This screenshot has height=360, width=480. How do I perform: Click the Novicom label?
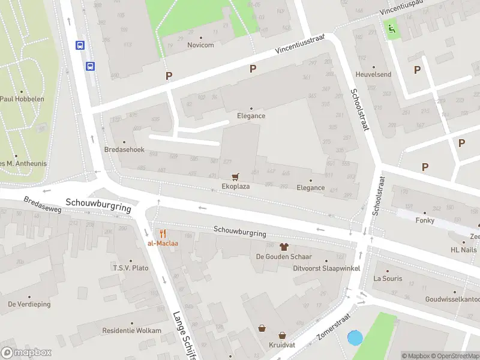[x=200, y=45]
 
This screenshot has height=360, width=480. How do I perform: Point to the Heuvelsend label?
[x=373, y=74]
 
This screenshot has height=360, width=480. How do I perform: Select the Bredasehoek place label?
[x=124, y=149]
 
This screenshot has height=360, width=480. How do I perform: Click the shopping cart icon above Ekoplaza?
[x=235, y=176]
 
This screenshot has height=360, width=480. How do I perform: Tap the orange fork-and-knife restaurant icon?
[x=162, y=233]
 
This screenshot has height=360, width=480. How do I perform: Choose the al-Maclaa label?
[x=162, y=243]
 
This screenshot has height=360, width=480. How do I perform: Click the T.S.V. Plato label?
[x=131, y=268]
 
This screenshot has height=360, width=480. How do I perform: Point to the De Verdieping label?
[x=29, y=304]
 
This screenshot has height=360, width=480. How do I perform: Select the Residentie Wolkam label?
[x=131, y=331]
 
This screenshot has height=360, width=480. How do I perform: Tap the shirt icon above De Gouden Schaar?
[x=284, y=247]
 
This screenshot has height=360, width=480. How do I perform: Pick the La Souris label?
[x=388, y=278]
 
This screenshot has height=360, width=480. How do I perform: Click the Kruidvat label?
[x=280, y=346]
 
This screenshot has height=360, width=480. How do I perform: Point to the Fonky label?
[x=425, y=220]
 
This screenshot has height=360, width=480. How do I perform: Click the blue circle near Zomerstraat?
[x=355, y=338]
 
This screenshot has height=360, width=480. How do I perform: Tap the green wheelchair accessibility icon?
[x=392, y=27]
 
